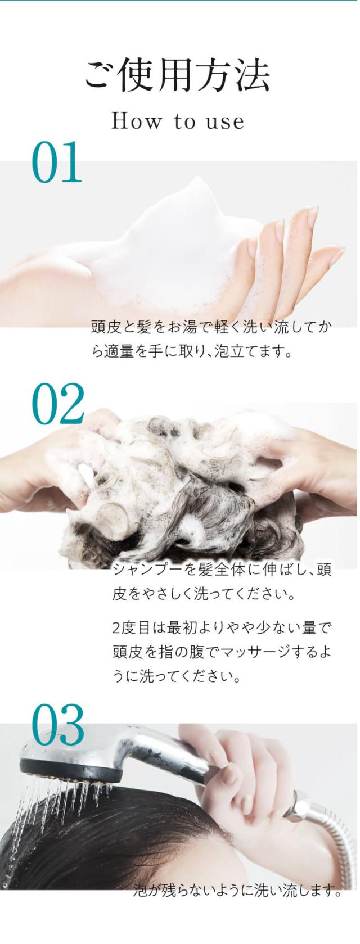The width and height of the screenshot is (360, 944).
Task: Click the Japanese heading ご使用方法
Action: point(177,76)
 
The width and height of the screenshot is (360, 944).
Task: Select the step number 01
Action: point(56,162)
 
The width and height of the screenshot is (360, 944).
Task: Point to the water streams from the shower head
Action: point(63,801)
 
